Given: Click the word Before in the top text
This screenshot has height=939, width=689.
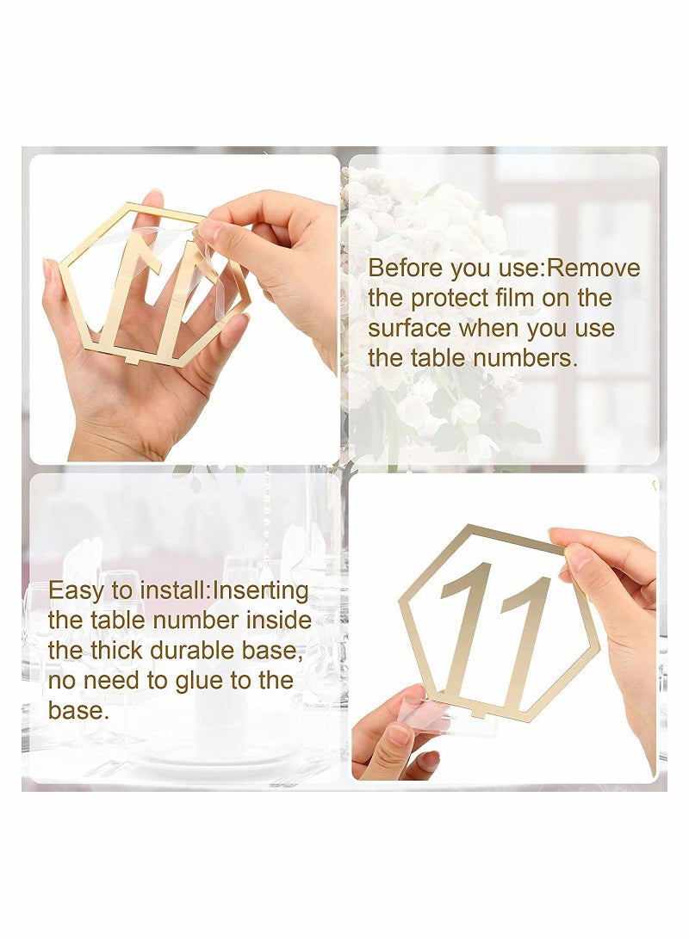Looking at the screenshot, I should click(x=403, y=269).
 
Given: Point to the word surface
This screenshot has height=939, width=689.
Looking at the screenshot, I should click(x=410, y=329).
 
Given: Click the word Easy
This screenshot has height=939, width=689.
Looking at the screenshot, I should click(x=73, y=590).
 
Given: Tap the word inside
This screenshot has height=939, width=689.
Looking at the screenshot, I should click(x=280, y=621).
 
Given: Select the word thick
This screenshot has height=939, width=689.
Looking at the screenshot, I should click(x=121, y=651).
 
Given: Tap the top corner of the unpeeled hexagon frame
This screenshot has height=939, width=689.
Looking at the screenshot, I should click(x=469, y=526).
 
